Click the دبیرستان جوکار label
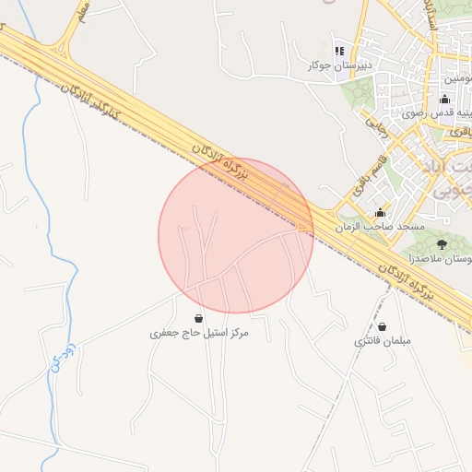[x=339, y=65]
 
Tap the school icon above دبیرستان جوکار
[x=339, y=51]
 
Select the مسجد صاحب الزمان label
[x=379, y=227]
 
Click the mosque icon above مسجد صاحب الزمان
[x=379, y=213]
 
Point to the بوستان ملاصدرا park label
[x=440, y=260]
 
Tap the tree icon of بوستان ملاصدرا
[x=442, y=244]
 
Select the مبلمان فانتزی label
[x=382, y=342]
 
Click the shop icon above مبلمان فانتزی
[x=382, y=327]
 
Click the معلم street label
[x=84, y=13]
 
